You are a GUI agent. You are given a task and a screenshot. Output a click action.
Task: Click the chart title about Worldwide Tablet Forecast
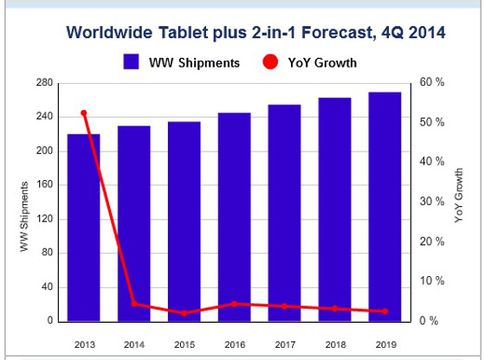tap(255, 33)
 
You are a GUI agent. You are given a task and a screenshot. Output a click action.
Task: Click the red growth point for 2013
tap(84, 113)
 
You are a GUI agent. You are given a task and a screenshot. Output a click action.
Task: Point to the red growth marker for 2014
tap(134, 304)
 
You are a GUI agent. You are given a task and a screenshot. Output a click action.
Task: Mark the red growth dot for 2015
tap(184, 312)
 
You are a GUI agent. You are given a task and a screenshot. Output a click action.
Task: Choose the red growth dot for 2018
tap(334, 309)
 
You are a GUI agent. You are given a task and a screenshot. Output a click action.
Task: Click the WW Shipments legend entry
tap(182, 62)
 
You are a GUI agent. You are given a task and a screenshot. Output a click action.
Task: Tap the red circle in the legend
tap(269, 62)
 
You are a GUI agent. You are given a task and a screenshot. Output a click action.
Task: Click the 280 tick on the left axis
tap(44, 83)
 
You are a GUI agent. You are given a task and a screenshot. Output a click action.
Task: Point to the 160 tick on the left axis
tap(44, 185)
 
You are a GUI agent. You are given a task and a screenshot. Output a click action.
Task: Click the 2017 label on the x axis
tap(284, 344)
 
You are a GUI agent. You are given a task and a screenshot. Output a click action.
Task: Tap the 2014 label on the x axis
tap(134, 344)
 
